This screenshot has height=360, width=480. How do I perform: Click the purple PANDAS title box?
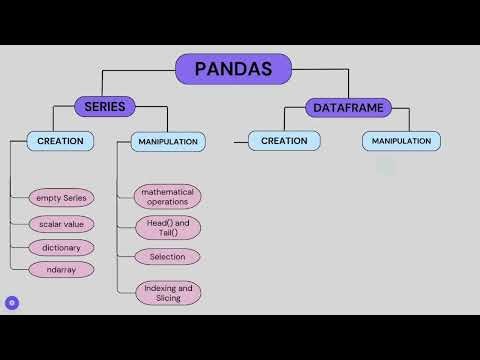pyautogui.click(x=233, y=69)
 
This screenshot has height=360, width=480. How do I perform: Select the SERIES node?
pyautogui.click(x=105, y=106)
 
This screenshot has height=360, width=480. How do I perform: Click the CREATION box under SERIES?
pyautogui.click(x=60, y=141)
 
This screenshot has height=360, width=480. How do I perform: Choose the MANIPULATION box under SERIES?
pyautogui.click(x=168, y=142)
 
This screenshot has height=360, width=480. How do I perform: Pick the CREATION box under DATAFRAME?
pyautogui.click(x=284, y=141)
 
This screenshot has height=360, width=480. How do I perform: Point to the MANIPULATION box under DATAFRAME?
pyautogui.click(x=401, y=141)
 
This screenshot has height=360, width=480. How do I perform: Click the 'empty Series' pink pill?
pyautogui.click(x=61, y=198)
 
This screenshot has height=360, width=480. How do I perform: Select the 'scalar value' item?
pyautogui.click(x=61, y=224)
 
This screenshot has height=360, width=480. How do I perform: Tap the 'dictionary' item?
pyautogui.click(x=61, y=247)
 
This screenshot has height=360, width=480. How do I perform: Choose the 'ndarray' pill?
pyautogui.click(x=61, y=269)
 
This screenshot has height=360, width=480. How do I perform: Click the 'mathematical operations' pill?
pyautogui.click(x=167, y=195)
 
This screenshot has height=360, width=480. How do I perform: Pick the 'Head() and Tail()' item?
pyautogui.click(x=167, y=227)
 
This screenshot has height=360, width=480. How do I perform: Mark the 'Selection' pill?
pyautogui.click(x=167, y=257)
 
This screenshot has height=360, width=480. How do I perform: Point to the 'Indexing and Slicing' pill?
pyautogui.click(x=167, y=292)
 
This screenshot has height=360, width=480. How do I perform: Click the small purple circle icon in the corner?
pyautogui.click(x=12, y=302)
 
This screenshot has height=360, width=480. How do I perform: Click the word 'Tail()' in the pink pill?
pyautogui.click(x=167, y=232)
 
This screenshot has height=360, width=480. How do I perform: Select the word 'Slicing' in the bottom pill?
pyautogui.click(x=167, y=298)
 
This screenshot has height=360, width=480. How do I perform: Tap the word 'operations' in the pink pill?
pyautogui.click(x=167, y=201)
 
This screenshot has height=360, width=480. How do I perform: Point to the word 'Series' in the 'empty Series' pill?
pyautogui.click(x=73, y=198)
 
